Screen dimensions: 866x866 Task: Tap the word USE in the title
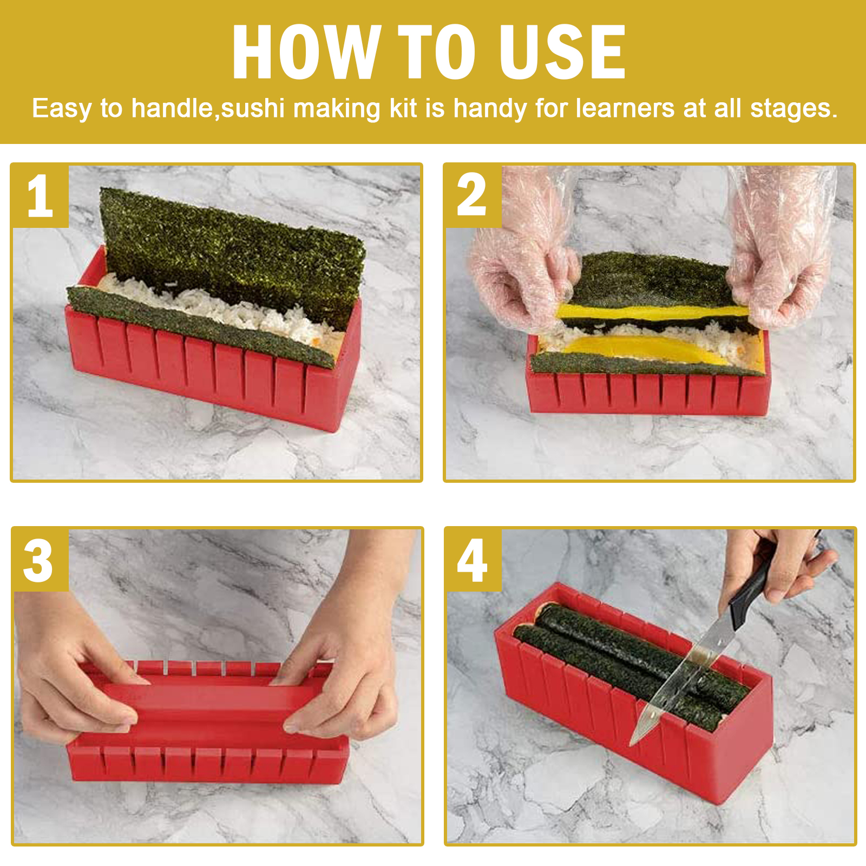[562, 52]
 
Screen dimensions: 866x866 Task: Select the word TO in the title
[437, 52]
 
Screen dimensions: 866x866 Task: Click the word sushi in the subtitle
[253, 108]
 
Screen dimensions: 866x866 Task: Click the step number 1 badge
[40, 196]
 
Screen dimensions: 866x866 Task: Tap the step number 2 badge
[473, 196]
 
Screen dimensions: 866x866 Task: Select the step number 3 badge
[40, 560]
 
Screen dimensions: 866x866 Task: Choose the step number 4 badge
[473, 560]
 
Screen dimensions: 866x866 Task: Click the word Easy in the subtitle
[62, 109]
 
